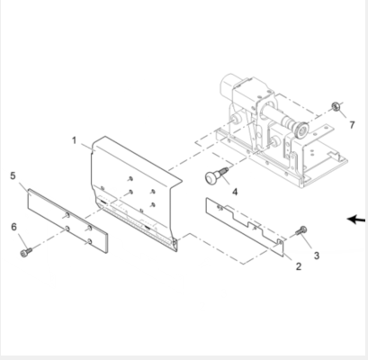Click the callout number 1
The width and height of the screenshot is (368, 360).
click(x=74, y=140)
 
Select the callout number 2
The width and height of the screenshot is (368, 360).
click(x=298, y=266)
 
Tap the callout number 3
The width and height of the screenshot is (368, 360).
click(x=316, y=256)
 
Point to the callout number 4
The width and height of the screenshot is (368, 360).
click(x=235, y=192)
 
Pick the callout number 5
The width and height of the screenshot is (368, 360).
click(x=13, y=175)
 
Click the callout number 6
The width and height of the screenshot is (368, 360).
click(x=13, y=227)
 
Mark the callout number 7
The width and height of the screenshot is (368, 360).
click(x=352, y=125)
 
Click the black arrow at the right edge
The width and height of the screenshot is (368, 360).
click(x=356, y=220)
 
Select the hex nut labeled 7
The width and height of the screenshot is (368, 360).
click(x=336, y=106)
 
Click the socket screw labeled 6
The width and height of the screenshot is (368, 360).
click(x=26, y=252)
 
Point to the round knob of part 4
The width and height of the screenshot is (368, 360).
click(x=211, y=177)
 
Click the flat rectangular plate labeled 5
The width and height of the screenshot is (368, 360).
click(x=67, y=220)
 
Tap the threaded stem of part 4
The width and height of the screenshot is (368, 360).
click(x=222, y=172)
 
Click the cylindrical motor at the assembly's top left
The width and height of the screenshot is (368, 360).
click(x=229, y=86)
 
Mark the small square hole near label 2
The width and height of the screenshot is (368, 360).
click(x=280, y=241)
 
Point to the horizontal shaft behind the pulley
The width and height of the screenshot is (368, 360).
click(x=277, y=119)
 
